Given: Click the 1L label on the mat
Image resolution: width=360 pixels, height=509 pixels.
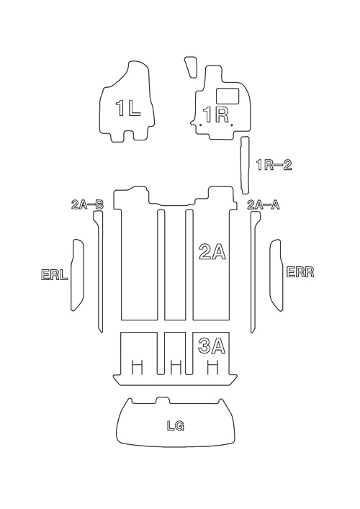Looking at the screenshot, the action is pos(128,108).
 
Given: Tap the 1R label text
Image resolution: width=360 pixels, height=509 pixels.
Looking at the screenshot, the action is pos(216,114).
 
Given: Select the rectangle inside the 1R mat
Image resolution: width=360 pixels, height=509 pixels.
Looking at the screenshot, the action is pos(228,96).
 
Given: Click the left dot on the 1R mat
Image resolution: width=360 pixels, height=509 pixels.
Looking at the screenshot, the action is pos(201,125).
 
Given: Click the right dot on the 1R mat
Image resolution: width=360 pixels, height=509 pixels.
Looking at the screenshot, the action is pos(231,125).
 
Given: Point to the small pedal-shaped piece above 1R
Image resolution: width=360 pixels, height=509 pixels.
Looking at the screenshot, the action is pos(191,67).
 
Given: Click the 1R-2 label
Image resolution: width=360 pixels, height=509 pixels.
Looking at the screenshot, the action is pos(274,166).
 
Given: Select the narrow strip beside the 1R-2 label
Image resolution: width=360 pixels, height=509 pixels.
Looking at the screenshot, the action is pos(245,166).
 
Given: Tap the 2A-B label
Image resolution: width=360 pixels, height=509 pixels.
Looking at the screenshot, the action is pos(87,205).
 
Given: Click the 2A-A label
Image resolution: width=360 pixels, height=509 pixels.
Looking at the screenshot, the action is pos(264,205).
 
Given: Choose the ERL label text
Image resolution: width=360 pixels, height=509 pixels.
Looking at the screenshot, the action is pos(55,274).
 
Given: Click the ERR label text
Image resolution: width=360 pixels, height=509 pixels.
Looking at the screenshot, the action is pos(300,272).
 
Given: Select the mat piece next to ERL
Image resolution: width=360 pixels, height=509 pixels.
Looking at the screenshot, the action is pos(78,275).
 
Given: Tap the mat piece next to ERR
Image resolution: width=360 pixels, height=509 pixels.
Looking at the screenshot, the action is pos(276,275).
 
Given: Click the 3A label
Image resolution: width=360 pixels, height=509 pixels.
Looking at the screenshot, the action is pos(212,346).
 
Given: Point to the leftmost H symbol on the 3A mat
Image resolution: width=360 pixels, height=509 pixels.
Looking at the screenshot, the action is pos(137,367).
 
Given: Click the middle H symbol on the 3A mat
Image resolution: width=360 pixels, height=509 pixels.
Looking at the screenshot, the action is pos(175,367).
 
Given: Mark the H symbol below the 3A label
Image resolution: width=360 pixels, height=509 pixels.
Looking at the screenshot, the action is pos(212,367).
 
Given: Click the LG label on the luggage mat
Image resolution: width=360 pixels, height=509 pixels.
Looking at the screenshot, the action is pos(176,425).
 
